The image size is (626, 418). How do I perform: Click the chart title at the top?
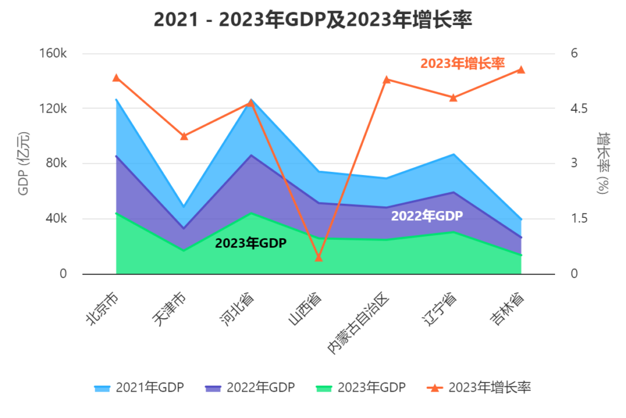point(313,20)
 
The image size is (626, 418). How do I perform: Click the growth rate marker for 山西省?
point(319,258)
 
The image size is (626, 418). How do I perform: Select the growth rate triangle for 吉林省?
point(521,70)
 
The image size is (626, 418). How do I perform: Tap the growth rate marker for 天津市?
point(183,136)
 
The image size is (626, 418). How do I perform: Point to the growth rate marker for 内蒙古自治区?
point(386,80)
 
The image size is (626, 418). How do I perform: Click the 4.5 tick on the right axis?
point(579,108)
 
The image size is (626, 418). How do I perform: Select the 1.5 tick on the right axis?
point(579,218)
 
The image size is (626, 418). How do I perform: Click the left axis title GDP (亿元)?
point(24,163)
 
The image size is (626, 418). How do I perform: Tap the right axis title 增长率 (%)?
point(603,163)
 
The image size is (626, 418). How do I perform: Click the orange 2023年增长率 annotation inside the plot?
point(462,63)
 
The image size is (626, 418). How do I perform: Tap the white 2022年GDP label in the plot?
point(427,216)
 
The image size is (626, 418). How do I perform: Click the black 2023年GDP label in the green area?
point(251,243)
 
